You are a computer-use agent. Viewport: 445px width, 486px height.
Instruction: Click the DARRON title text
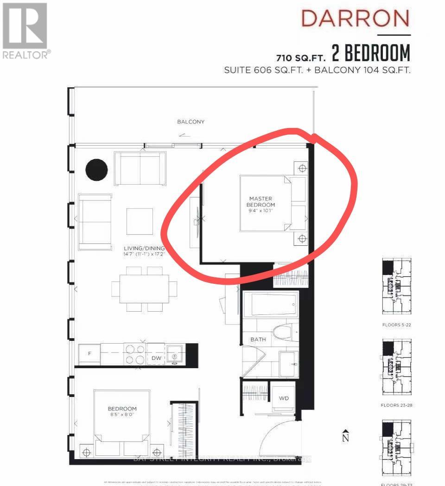point(356,19)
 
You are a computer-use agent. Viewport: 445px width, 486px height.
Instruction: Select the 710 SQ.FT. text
point(302,57)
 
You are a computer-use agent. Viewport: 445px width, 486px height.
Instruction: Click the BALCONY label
point(191,122)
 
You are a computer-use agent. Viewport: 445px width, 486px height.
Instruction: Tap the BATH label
point(258,339)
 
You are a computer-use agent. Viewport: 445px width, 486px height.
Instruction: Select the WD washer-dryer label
point(283,398)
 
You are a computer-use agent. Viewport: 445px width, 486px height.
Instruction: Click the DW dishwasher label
point(156,358)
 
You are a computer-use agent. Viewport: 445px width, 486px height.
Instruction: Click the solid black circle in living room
point(96,169)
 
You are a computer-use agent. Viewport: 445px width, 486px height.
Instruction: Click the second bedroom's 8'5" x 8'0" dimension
point(122,416)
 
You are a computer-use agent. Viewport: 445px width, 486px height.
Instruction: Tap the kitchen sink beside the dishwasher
point(175,354)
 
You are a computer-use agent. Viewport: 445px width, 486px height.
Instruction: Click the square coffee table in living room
point(140,221)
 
